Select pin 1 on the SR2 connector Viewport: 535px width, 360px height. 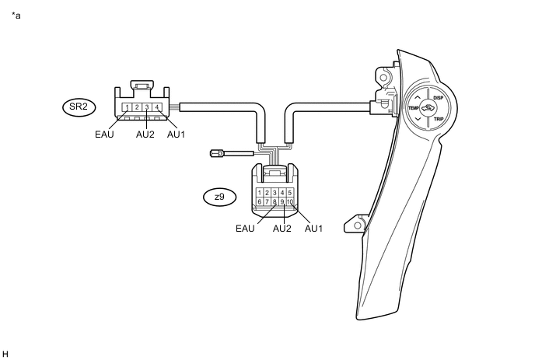(x=126, y=107)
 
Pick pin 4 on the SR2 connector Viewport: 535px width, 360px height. (x=158, y=107)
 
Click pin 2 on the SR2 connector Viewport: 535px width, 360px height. (x=137, y=107)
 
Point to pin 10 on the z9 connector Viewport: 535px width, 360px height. (x=289, y=202)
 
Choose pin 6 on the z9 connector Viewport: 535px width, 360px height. (x=259, y=202)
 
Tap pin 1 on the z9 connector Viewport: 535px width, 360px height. (x=259, y=192)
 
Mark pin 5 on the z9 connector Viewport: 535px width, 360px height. (x=289, y=192)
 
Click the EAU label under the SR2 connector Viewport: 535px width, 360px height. (x=105, y=134)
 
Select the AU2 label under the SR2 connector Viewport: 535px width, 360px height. (x=145, y=134)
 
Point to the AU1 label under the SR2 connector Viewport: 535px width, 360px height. (x=177, y=134)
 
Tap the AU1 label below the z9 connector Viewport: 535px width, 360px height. (x=313, y=229)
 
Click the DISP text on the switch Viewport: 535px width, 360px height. (x=438, y=98)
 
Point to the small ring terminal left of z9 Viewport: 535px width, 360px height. (x=217, y=153)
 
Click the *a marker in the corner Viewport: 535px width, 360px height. (x=16, y=16)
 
